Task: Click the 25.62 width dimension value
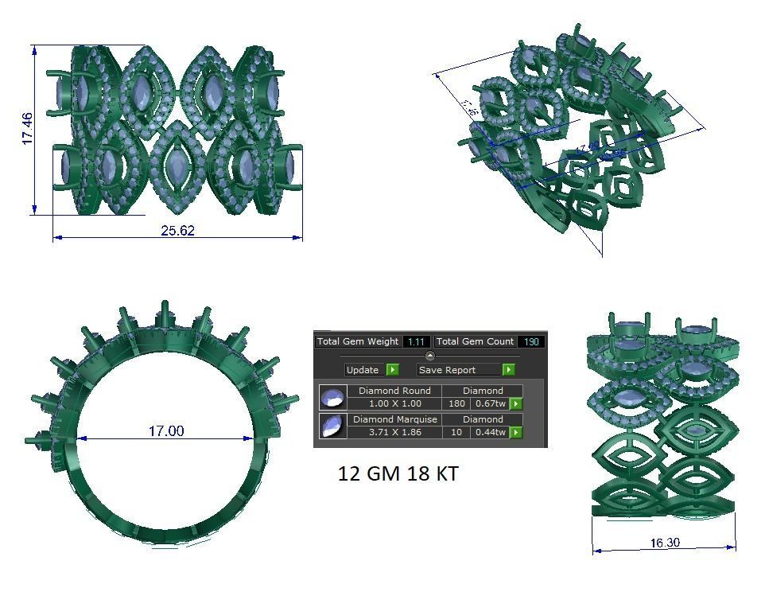coord(177,231)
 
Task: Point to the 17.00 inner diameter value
coord(165,430)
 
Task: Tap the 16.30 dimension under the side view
coord(664,543)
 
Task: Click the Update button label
coord(363,370)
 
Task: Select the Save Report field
coord(459,370)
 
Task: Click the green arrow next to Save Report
coord(508,370)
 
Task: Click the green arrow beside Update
coord(392,370)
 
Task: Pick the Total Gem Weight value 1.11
coord(416,341)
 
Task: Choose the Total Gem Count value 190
coord(530,341)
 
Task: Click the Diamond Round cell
coord(394,391)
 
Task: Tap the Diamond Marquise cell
coord(394,419)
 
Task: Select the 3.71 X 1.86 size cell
coord(394,432)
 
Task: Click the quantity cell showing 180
coord(456,404)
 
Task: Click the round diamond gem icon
coord(332,398)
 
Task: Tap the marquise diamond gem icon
coord(332,426)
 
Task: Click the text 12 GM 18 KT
coord(398,473)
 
